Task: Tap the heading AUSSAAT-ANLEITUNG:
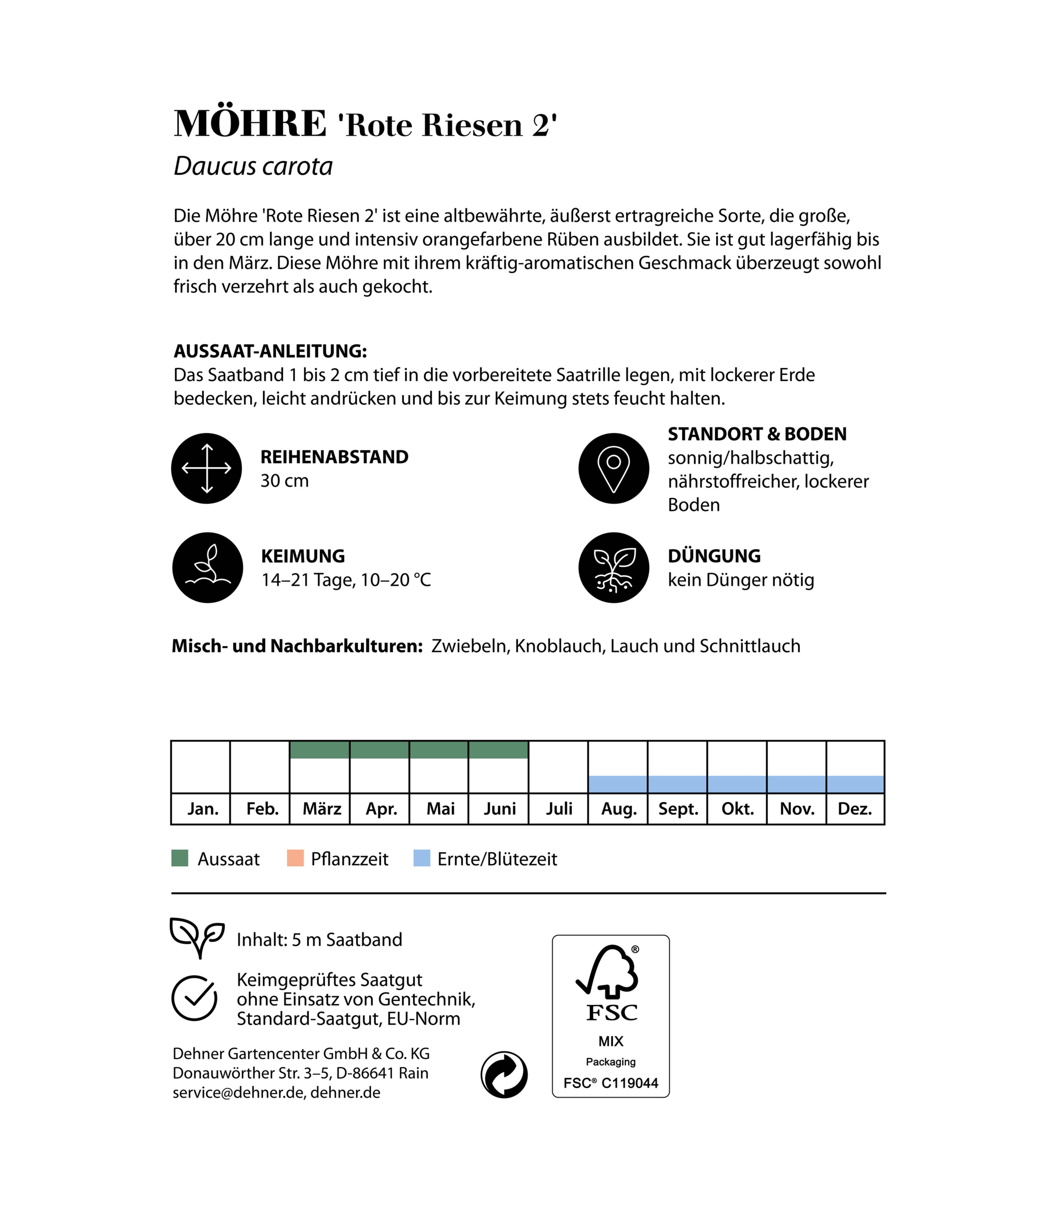[x=270, y=351]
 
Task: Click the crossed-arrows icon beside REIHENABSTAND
[x=206, y=468]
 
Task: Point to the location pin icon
[x=614, y=468]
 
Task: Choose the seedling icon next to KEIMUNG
[x=208, y=568]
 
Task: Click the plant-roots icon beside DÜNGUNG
[x=614, y=568]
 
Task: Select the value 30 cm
[x=284, y=481]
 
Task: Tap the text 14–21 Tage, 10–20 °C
[x=346, y=580]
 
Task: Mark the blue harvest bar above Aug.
[x=618, y=784]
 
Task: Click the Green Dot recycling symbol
[x=504, y=1075]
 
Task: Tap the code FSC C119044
[x=611, y=1083]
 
